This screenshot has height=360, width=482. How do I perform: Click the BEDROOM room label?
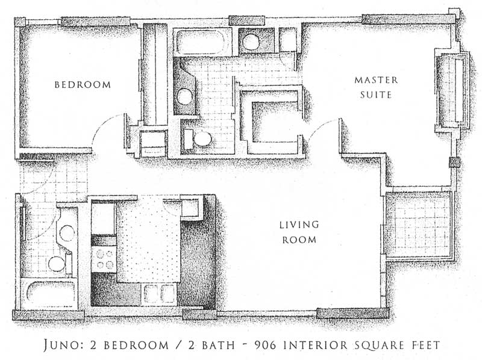coord(83,84)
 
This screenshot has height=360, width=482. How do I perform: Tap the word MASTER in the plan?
coord(376,80)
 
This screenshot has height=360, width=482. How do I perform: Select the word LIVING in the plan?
coord(299,225)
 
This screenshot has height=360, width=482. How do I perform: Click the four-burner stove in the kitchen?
coord(104,259)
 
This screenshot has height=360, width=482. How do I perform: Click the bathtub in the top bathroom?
coord(202,42)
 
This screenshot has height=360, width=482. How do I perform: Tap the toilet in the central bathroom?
coord(199,139)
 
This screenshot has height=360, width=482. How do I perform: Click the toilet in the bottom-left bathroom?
coord(58,263)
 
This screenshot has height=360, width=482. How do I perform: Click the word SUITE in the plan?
coord(376,95)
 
